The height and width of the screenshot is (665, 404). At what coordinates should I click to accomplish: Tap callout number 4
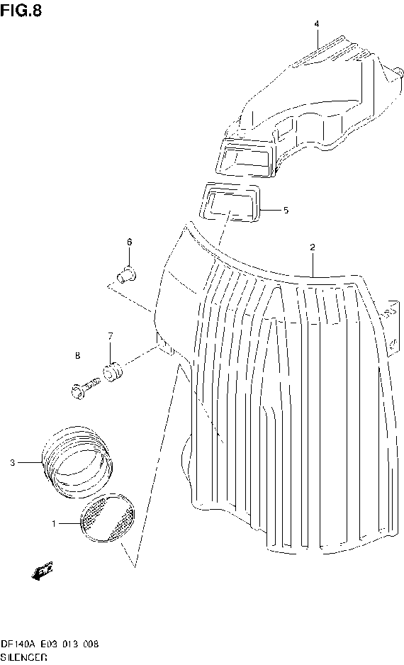coord(317,24)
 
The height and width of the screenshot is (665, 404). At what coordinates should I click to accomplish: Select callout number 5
coord(286,210)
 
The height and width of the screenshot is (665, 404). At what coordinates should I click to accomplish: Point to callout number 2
coord(312,247)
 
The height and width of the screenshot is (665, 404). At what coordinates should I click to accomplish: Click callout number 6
coord(130,242)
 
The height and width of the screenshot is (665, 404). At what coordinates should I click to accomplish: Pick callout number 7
coord(111,335)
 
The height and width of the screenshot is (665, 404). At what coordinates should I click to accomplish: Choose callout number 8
coord(77,355)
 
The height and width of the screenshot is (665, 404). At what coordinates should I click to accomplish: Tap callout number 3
coord(12,463)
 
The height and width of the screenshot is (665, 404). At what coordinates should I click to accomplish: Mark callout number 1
coord(53,523)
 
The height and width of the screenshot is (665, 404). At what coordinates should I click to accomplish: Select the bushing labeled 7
coord(113,370)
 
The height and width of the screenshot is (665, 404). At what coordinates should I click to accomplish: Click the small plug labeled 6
coord(127,273)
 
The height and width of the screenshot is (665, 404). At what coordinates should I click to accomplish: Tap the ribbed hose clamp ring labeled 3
coord(77,460)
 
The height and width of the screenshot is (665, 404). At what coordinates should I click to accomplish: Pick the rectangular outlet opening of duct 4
coord(245,157)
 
